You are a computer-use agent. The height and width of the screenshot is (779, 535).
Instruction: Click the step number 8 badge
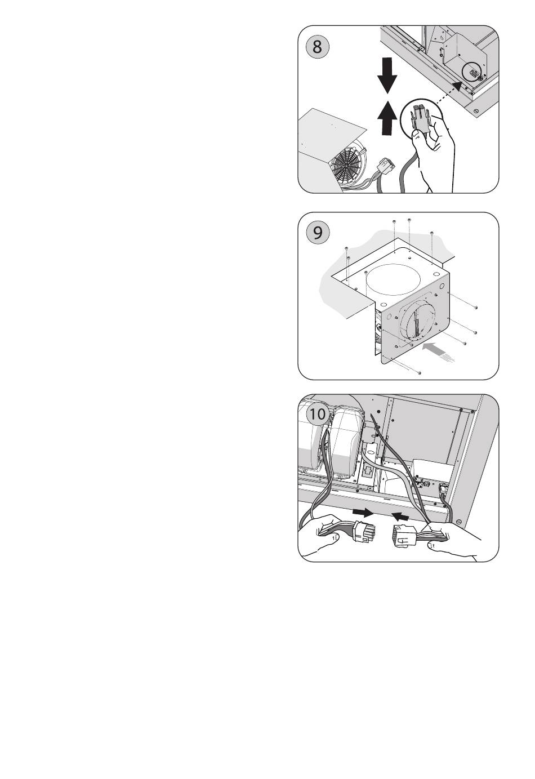[x=317, y=47]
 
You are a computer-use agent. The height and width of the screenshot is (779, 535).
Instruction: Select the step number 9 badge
[x=318, y=233]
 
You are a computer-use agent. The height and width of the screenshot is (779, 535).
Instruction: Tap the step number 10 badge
[x=317, y=414]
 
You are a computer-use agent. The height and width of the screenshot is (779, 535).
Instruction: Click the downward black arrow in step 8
[x=387, y=75]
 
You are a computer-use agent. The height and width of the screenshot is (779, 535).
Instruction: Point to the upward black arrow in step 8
[x=387, y=117]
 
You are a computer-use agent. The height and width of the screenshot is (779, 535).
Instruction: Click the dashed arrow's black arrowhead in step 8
[x=458, y=87]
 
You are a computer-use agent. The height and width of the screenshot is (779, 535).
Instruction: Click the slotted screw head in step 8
[x=476, y=112]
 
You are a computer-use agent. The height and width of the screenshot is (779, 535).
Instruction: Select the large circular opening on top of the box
[x=393, y=279]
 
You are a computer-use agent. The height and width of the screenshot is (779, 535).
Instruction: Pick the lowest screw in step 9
[x=420, y=373]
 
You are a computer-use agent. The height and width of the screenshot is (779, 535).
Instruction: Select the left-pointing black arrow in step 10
[x=400, y=517]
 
